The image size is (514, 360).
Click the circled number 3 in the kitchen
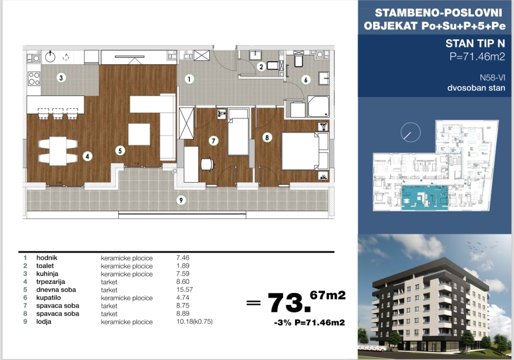tap(61, 78)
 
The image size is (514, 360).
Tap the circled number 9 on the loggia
tap(181, 200)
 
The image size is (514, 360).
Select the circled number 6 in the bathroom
tap(306, 79)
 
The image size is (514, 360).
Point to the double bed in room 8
tap(305, 151)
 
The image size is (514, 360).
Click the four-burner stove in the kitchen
tap(34, 78)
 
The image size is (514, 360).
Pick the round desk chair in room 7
tap(207, 164)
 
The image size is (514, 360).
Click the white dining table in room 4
tap(58, 151)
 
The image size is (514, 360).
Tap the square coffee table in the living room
tap(139, 134)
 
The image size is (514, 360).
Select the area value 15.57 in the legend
tap(185, 290)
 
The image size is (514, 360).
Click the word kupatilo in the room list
tap(49, 297)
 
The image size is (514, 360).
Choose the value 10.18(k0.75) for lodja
tap(194, 321)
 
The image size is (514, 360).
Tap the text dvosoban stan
tap(476, 88)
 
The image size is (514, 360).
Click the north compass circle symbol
tap(410, 132)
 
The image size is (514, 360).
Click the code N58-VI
tap(493, 78)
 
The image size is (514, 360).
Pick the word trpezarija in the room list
tap(50, 282)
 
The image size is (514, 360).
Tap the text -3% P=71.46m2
tap(309, 322)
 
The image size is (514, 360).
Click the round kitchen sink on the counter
tap(50, 57)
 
